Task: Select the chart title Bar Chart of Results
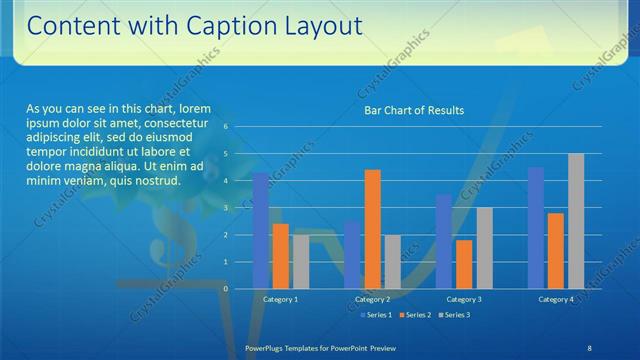413,111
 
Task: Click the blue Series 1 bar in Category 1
261,231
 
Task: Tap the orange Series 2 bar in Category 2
372,229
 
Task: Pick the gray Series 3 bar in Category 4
576,221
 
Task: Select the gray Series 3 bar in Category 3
484,248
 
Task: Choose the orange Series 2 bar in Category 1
281,256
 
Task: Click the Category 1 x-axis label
280,299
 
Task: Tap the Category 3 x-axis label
464,299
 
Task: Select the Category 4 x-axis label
556,299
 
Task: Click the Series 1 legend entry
375,315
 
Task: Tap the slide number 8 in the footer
588,346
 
